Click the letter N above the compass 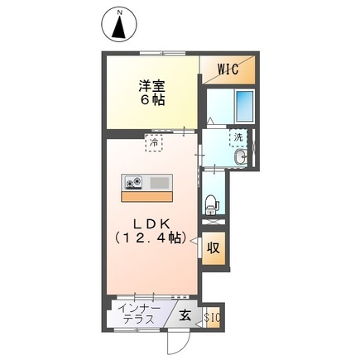[x=120, y=11]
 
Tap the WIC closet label [x=228, y=70]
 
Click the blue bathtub [x=246, y=106]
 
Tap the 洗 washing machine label [x=238, y=137]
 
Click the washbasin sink [x=242, y=156]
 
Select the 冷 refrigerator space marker [x=154, y=142]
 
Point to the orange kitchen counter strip [x=146, y=196]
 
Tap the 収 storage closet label [x=213, y=247]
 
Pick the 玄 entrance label [x=185, y=315]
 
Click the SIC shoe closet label [x=212, y=316]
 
